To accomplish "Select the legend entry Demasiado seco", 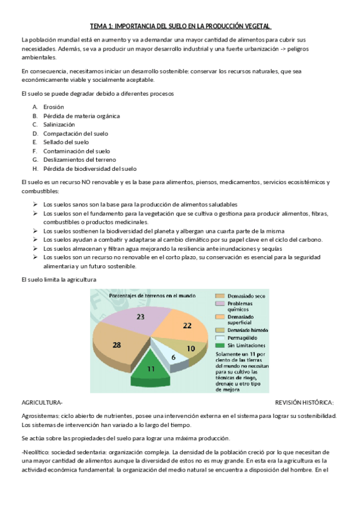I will [x=244, y=296].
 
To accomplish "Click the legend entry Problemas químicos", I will [x=242, y=307].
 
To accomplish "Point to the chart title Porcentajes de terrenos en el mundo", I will [x=144, y=295].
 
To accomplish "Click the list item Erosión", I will [x=53, y=106].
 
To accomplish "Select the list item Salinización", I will [x=59, y=124].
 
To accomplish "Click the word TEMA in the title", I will [x=97, y=26].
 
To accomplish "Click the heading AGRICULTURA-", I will [x=41, y=402].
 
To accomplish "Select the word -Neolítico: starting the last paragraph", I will [x=37, y=452].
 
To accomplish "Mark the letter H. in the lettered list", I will [x=35, y=169].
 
